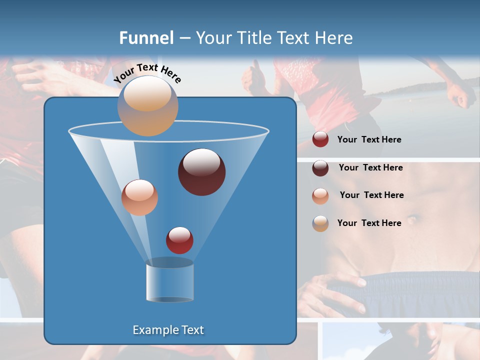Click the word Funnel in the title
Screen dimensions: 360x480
[146, 38]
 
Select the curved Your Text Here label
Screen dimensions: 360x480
[147, 73]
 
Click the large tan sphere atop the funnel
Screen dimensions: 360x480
[147, 106]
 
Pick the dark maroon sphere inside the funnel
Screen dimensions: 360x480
[202, 172]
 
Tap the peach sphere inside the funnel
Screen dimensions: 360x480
[139, 197]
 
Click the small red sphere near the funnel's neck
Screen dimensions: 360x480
[179, 240]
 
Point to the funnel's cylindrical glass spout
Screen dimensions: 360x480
[169, 281]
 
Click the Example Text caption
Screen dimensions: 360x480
[168, 330]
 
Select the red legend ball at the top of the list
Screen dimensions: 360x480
[320, 139]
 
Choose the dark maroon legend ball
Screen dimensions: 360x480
[320, 168]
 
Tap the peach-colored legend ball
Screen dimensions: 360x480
[320, 195]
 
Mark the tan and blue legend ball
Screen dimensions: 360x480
[320, 223]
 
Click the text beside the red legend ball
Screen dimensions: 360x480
[369, 140]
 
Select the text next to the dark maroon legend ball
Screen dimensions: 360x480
[370, 168]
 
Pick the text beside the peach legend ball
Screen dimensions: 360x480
[371, 195]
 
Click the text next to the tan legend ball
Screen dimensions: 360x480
[369, 223]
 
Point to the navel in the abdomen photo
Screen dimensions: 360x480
[413, 219]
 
